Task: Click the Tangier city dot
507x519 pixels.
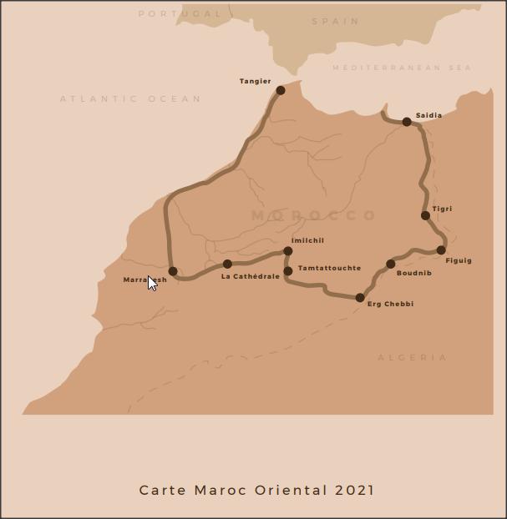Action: [x=281, y=90]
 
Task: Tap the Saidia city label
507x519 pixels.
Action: [x=428, y=115]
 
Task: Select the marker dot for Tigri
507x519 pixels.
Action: [x=425, y=215]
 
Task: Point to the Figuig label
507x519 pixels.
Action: [x=459, y=260]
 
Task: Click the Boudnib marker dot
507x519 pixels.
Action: [x=390, y=264]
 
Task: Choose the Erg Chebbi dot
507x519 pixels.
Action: [x=360, y=297]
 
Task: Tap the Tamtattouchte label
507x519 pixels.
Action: [x=329, y=268]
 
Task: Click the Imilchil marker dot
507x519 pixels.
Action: [x=288, y=250]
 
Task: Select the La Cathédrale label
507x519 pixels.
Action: [x=251, y=276]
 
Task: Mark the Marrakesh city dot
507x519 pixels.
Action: [x=173, y=271]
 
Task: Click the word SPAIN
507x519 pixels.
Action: [x=335, y=21]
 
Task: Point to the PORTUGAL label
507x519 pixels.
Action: [x=180, y=13]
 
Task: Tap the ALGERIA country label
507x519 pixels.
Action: [x=413, y=357]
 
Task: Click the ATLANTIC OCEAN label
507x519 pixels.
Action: [x=130, y=98]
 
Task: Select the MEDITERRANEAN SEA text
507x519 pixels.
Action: [x=402, y=68]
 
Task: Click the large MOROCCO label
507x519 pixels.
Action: [x=314, y=215]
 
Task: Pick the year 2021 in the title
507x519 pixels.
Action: [x=354, y=490]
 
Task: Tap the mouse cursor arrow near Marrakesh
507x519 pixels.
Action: [x=152, y=283]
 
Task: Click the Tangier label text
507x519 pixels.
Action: [x=255, y=81]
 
